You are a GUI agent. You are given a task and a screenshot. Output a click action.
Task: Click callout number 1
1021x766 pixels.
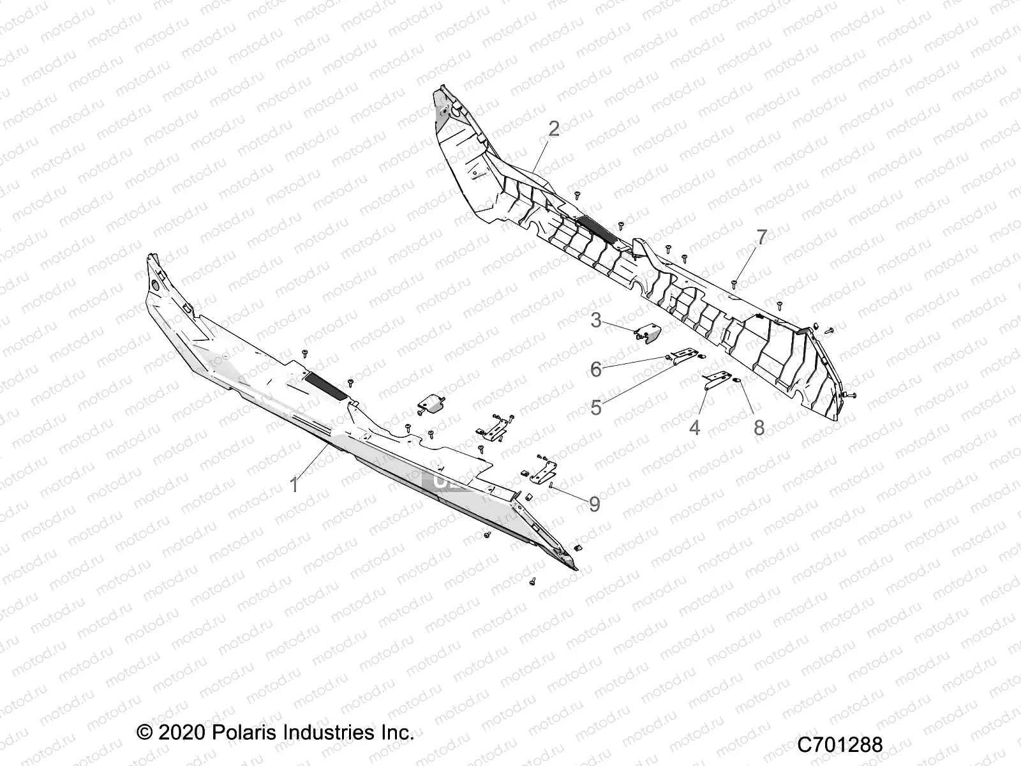tap(294, 485)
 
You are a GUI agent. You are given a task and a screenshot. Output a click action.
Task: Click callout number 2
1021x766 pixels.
tap(554, 129)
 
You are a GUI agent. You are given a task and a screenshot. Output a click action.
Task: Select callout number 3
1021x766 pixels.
tap(596, 319)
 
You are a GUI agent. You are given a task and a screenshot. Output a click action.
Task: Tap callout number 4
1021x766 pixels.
tap(695, 427)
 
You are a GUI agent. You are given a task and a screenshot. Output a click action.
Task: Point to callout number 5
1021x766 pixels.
tap(596, 407)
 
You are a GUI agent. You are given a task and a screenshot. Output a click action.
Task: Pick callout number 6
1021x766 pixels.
tap(596, 368)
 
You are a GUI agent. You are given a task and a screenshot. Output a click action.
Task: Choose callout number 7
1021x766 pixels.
tap(761, 237)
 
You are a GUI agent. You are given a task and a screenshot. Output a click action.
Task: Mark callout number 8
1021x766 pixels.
tap(759, 427)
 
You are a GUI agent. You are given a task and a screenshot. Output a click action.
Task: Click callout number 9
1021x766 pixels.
tap(594, 504)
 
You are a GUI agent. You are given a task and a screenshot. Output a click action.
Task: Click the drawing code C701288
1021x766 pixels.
tap(840, 744)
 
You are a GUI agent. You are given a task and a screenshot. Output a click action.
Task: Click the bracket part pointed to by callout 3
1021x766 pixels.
tap(649, 333)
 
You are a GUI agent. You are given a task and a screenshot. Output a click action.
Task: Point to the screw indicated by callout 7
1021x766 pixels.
tap(736, 280)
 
